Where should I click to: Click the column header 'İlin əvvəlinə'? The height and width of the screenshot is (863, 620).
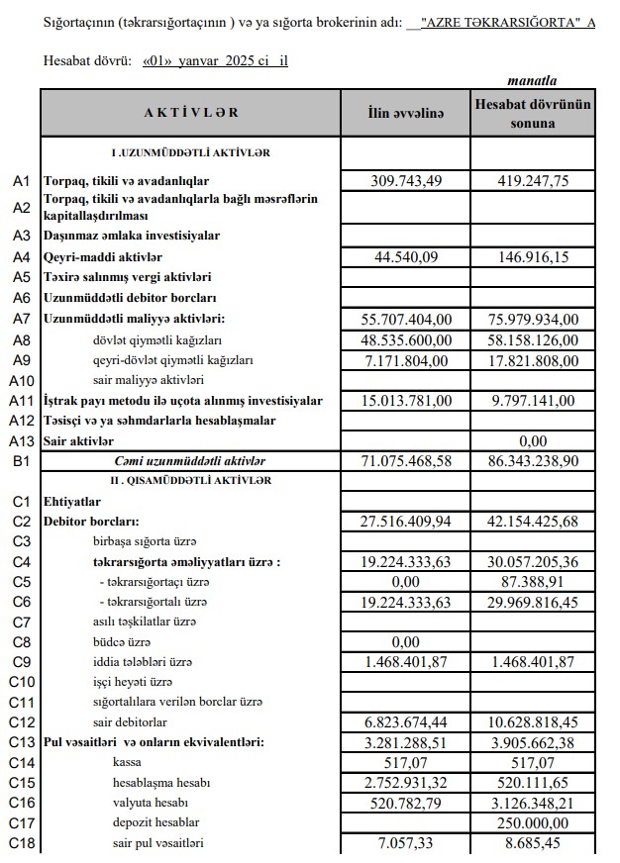click(405, 114)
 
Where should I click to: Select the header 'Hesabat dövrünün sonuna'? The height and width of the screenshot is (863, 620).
click(533, 114)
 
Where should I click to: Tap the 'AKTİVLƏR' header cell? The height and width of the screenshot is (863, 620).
click(191, 113)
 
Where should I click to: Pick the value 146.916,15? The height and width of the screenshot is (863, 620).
click(534, 256)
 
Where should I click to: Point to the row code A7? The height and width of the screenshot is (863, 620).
click(23, 318)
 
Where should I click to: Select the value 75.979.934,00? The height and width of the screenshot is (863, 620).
click(534, 318)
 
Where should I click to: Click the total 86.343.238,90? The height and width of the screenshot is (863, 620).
click(534, 461)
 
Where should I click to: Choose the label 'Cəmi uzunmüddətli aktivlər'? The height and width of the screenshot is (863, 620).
click(190, 461)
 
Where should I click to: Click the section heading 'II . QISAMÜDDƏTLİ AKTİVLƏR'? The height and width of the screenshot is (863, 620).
click(190, 480)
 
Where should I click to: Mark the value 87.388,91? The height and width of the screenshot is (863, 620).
click(534, 582)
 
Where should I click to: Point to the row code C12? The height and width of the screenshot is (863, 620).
click(23, 722)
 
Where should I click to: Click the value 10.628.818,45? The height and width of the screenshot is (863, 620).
click(534, 722)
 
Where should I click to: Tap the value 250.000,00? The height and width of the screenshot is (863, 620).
click(534, 822)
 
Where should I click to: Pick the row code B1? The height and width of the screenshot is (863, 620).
click(23, 461)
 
